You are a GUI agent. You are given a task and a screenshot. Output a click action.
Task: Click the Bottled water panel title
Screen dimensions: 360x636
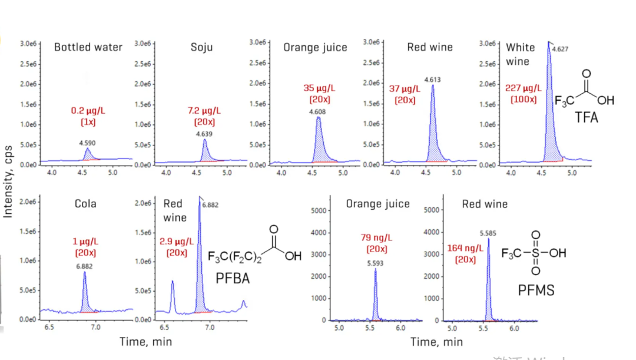88,47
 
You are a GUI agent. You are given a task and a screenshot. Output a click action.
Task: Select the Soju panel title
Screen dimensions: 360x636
202,47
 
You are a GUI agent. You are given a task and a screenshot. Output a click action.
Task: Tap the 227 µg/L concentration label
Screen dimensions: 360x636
521,88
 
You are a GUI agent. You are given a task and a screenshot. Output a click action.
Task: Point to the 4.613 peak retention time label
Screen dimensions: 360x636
432,80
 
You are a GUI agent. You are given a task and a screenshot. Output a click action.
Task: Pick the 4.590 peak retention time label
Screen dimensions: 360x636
88,143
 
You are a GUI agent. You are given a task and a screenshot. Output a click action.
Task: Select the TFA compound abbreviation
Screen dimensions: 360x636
587,118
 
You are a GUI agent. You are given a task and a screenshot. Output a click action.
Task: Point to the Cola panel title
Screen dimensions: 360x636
86,204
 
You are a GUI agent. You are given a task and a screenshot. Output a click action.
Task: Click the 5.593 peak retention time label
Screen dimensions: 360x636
375,263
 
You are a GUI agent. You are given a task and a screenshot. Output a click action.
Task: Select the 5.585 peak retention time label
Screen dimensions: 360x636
488,233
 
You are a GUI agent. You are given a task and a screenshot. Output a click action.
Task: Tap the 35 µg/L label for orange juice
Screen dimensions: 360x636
319,88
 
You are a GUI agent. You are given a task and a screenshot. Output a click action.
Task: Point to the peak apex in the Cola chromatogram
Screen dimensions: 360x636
84,273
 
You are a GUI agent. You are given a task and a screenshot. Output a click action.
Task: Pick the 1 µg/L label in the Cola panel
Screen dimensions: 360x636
85,242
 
